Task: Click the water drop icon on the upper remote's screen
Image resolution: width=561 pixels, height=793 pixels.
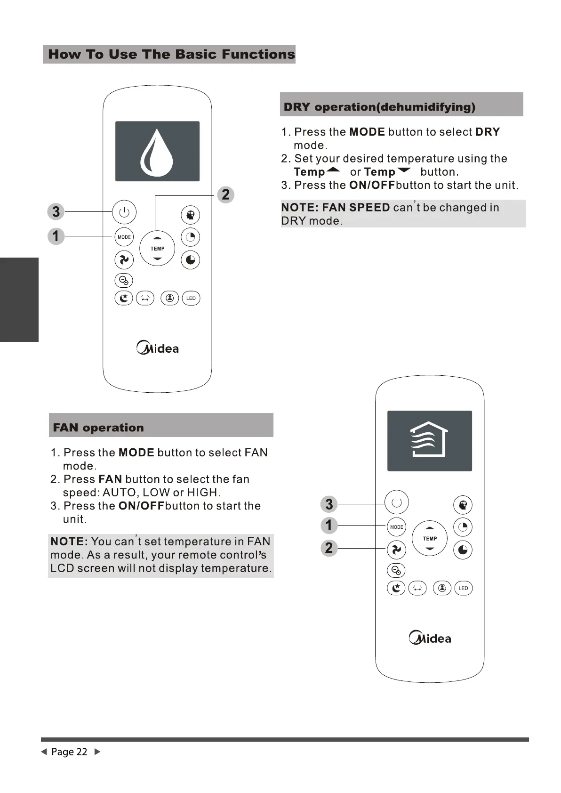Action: click(x=157, y=151)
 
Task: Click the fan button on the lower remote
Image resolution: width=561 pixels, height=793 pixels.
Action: click(x=396, y=549)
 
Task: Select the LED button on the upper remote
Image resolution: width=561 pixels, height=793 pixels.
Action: click(x=191, y=299)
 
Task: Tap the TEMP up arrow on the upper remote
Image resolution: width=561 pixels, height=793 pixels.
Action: click(x=157, y=238)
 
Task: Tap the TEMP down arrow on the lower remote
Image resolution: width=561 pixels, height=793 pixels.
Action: click(x=430, y=549)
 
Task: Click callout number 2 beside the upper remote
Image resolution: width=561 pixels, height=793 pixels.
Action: click(x=225, y=194)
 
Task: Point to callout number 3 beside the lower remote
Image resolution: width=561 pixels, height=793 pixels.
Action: click(x=329, y=504)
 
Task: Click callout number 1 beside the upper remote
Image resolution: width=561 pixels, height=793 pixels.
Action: click(x=56, y=235)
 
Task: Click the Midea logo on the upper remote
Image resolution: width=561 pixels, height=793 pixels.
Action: click(x=158, y=348)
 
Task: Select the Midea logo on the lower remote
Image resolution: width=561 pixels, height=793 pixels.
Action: click(x=430, y=639)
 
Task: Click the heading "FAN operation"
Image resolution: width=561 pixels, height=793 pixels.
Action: click(x=98, y=428)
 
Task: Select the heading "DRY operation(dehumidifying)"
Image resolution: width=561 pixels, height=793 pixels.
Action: click(x=379, y=107)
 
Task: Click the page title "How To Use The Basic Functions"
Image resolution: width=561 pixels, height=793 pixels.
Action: click(x=171, y=54)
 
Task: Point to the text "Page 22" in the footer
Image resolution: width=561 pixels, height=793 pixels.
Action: click(x=69, y=752)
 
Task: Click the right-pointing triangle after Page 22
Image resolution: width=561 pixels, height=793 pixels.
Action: click(x=97, y=752)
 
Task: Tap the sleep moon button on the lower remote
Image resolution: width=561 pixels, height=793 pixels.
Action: click(x=396, y=588)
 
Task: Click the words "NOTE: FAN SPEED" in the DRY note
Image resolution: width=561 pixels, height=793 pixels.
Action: click(x=335, y=208)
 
